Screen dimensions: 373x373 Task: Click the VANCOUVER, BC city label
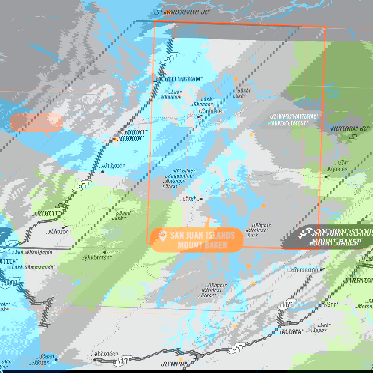pyautogui.click(x=187, y=12)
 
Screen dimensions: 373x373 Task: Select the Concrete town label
pyautogui.click(x=211, y=111)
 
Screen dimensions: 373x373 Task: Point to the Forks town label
pyautogui.click(x=190, y=198)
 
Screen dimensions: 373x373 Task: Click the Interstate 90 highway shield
pyautogui.click(x=8, y=282)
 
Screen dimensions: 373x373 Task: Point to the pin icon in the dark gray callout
pyautogui.click(x=304, y=233)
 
